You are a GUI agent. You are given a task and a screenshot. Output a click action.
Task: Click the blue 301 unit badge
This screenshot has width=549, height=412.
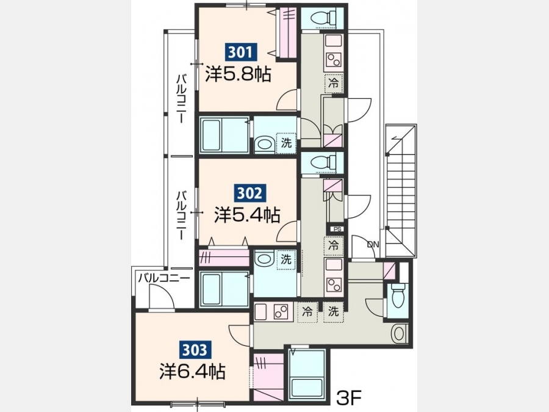240,52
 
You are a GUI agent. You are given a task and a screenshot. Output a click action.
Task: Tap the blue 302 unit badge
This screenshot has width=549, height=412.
249,193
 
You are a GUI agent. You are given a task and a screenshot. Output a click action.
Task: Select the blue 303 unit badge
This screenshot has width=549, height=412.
195,350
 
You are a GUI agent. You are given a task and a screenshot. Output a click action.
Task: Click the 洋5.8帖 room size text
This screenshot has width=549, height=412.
238,74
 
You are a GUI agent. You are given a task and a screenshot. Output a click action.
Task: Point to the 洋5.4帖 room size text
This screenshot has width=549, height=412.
247,215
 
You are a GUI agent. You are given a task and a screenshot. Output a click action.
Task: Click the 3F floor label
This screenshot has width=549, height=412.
349,397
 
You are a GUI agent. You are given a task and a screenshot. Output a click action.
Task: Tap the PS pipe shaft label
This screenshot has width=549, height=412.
337,229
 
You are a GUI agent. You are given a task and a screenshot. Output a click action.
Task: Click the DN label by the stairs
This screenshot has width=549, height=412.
373,245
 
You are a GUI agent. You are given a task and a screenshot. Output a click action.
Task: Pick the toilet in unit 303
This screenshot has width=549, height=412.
398,295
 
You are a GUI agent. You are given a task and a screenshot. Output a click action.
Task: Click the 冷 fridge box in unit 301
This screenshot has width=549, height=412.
334,84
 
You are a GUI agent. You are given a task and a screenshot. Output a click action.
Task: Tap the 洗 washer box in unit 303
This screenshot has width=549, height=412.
333,311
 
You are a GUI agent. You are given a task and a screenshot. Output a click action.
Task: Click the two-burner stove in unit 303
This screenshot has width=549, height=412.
281,311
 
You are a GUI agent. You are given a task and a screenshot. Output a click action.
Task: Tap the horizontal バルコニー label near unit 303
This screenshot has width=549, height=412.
163,278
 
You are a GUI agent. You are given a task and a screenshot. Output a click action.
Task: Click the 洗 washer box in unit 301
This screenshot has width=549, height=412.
286,143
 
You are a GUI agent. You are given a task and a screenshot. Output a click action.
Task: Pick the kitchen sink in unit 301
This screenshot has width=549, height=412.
333,41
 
